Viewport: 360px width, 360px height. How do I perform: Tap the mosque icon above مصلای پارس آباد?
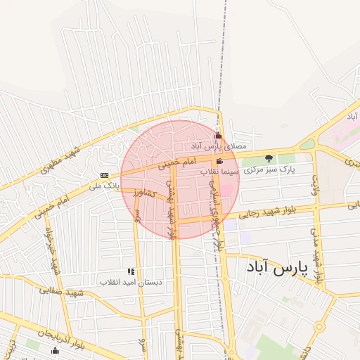pyautogui.click(x=218, y=136)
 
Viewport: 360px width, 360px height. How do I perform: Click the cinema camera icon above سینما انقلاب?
pyautogui.click(x=221, y=162)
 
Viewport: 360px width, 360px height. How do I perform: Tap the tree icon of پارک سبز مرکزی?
pyautogui.click(x=268, y=158)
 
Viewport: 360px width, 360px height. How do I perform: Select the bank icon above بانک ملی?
pyautogui.click(x=104, y=175)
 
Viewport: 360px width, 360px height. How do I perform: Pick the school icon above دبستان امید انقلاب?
pyautogui.click(x=130, y=271)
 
